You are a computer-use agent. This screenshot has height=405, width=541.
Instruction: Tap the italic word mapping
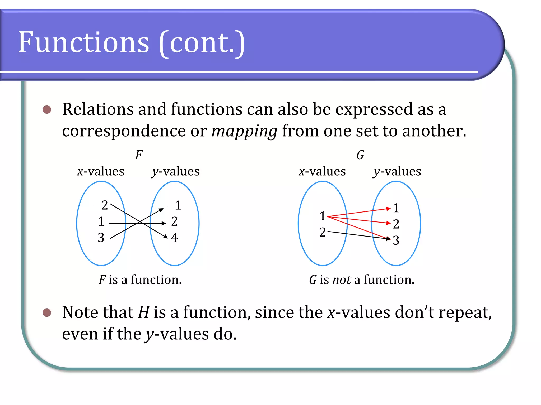244,131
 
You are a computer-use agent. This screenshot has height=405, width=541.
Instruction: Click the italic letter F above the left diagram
139,155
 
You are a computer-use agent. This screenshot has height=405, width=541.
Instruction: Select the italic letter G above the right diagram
360,155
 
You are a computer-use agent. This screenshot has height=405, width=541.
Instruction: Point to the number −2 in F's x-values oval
101,205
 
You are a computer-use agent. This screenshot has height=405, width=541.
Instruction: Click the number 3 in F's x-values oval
101,238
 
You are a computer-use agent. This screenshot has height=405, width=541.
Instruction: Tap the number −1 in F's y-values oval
174,205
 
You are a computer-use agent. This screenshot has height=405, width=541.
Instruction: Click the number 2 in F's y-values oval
174,221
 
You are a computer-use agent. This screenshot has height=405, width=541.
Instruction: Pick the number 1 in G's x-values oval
322,216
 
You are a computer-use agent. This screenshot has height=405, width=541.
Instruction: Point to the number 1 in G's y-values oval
396,208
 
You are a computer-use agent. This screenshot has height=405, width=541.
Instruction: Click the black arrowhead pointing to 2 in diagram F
164,223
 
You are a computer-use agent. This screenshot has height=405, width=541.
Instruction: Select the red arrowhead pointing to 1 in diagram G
388,209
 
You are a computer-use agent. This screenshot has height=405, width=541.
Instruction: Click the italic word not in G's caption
342,280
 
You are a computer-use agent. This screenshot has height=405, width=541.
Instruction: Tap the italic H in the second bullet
144,312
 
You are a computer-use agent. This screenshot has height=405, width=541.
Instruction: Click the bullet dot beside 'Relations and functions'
47,109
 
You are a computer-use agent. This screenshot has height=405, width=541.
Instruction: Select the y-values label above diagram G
397,172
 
